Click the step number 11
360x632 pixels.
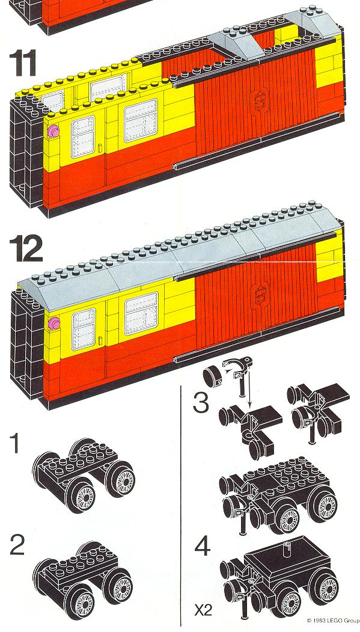click(23, 63)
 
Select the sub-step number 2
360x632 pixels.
click(17, 545)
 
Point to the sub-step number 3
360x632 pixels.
click(201, 403)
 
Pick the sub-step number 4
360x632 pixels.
click(202, 547)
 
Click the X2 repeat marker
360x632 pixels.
click(203, 610)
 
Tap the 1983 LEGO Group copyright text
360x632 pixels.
click(332, 621)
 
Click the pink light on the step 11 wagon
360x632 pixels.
click(53, 131)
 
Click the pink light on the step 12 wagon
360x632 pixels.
click(53, 323)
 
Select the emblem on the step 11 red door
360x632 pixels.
click(258, 100)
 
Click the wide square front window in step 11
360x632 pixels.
click(141, 120)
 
